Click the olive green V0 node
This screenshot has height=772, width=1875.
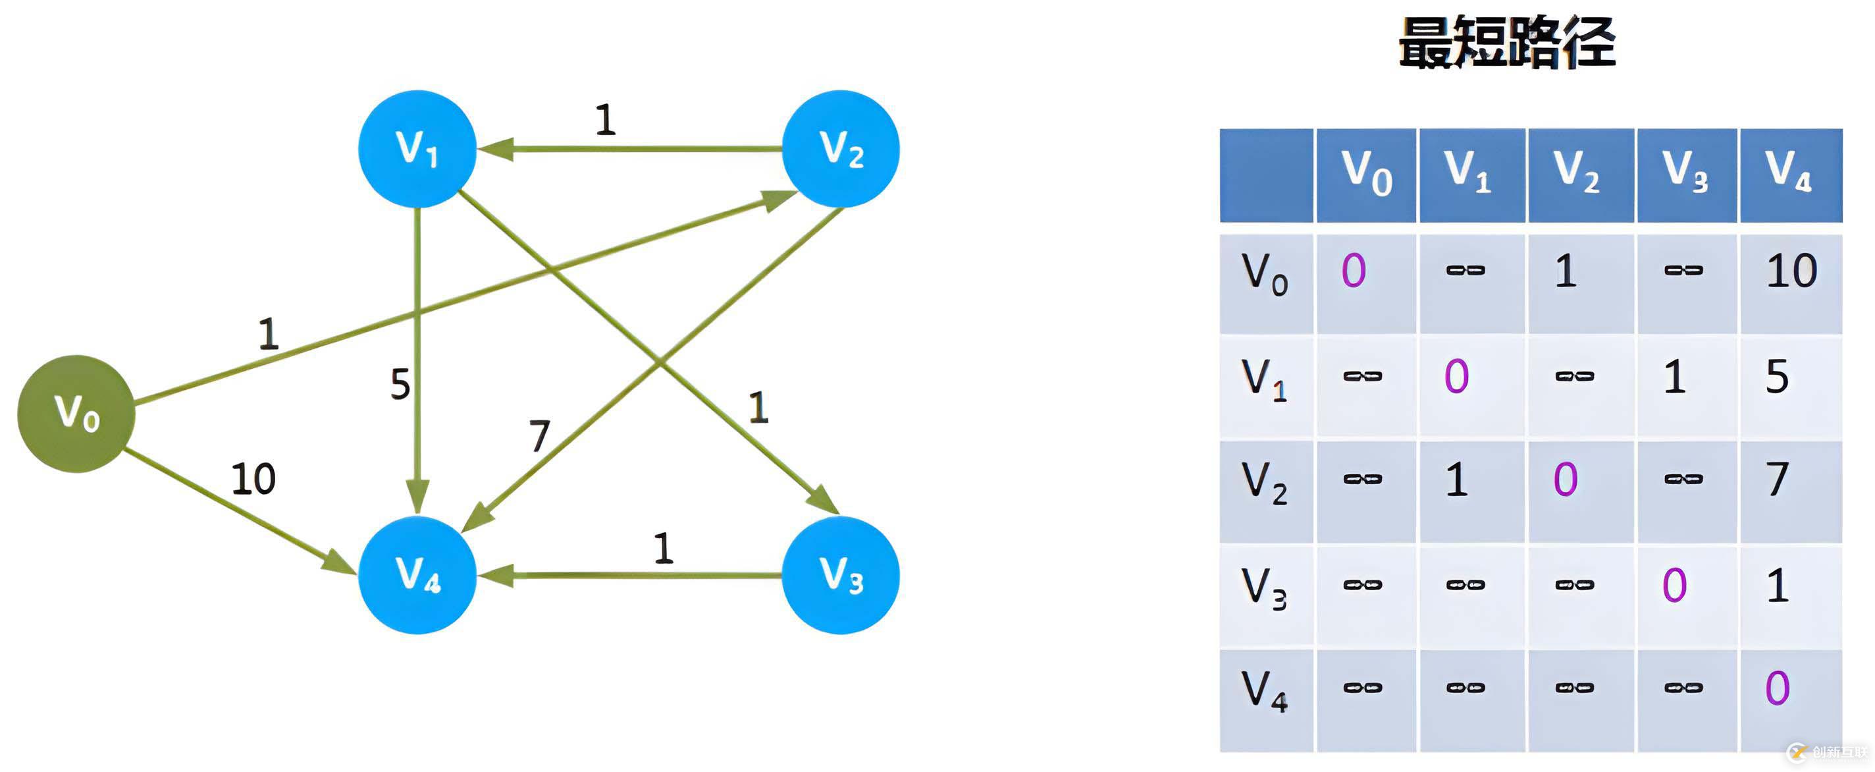coord(76,414)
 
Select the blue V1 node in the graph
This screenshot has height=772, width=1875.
coord(417,149)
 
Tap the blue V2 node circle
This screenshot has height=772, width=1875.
coord(841,149)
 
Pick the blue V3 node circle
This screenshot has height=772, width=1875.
coord(841,574)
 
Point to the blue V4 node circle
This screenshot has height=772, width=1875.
coord(417,574)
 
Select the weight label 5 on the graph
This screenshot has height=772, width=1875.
coord(400,384)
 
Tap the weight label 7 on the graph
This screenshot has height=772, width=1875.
coord(539,435)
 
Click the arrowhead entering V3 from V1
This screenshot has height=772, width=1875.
coord(826,501)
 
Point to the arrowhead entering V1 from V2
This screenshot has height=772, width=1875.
coord(495,149)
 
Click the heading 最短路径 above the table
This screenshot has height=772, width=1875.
coord(1507,42)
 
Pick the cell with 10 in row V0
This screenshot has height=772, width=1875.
coord(1791,271)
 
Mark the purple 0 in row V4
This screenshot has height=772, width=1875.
coord(1777,688)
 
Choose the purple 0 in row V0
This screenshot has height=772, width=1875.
coord(1354,271)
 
